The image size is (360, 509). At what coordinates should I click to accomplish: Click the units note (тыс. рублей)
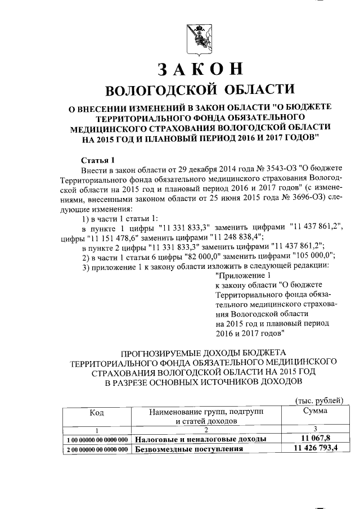point(319,400)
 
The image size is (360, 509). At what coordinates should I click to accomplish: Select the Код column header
point(96,412)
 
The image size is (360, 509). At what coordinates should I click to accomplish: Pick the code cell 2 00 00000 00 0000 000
point(96,449)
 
